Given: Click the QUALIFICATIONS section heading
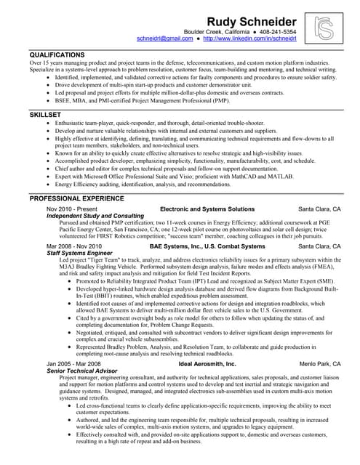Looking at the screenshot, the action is click(x=57, y=55).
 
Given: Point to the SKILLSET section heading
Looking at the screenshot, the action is click(x=44, y=115).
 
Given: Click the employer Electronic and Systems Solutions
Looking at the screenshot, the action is click(x=207, y=209).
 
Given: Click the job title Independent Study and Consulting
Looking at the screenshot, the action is click(x=95, y=216).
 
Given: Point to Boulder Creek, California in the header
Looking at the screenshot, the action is click(x=217, y=32).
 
